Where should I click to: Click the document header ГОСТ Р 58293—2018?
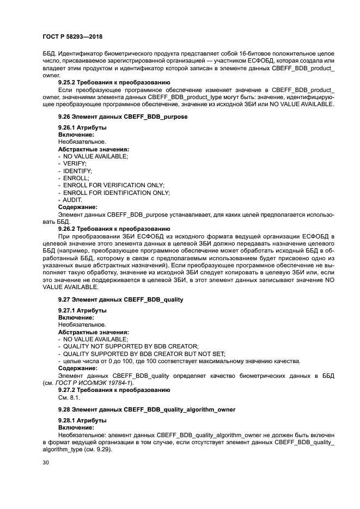coord(72,37)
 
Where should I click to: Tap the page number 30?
coord(45,462)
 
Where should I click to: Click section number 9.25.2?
coord(69,83)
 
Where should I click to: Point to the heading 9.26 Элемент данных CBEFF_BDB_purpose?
coord(123,116)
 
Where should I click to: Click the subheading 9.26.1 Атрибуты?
coord(82,128)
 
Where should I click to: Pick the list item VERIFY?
coord(71,163)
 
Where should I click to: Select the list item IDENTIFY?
coord(73,171)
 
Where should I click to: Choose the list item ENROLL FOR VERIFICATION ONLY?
coord(113,186)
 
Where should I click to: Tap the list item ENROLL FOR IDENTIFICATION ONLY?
coord(116,193)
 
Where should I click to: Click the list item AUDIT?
coord(72,200)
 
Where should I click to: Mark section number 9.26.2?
coord(69,229)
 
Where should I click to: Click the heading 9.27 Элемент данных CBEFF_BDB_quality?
coord(120,299)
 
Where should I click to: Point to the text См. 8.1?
coord(69,397)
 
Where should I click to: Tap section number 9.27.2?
coord(69,390)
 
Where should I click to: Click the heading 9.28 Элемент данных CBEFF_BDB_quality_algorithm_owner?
coord(147,409)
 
